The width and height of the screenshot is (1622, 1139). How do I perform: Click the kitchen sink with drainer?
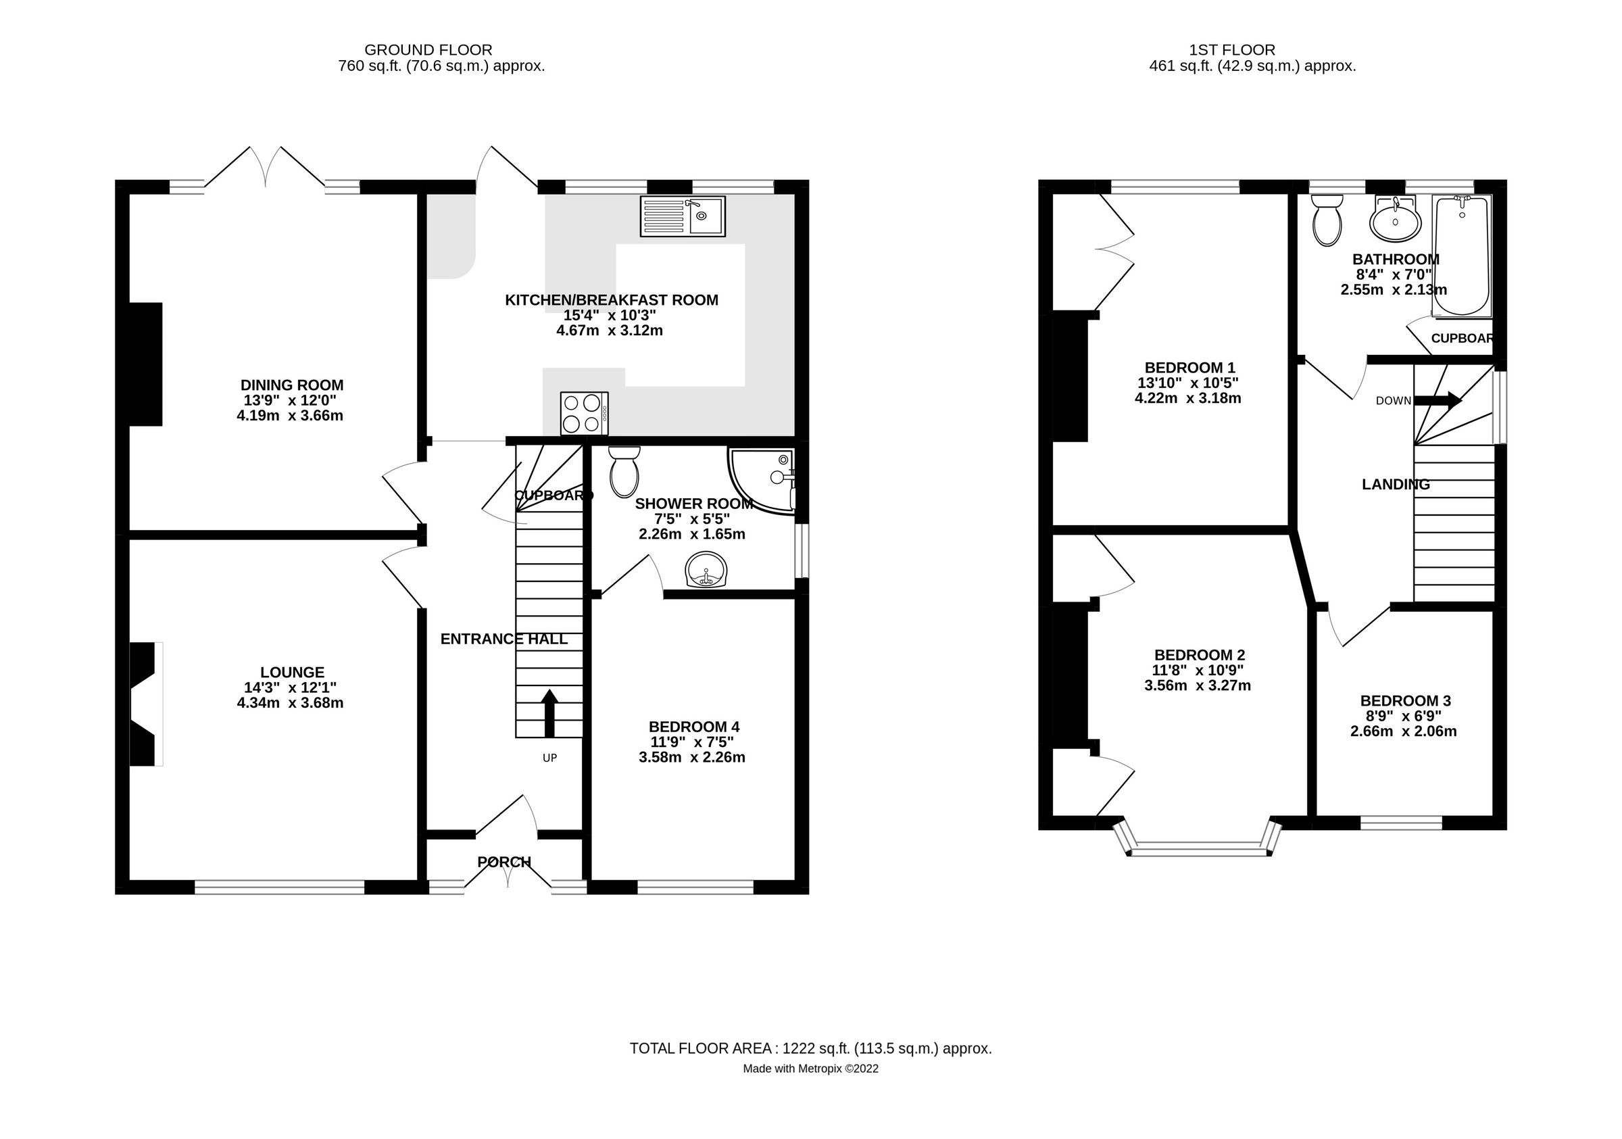(682, 216)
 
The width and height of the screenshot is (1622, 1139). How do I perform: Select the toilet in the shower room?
(624, 471)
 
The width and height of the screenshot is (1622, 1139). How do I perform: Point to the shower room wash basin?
(706, 569)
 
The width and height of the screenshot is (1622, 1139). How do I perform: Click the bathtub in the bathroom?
(1462, 256)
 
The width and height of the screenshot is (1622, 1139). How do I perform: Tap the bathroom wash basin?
(1395, 218)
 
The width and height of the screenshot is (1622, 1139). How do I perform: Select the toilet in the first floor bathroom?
(1327, 220)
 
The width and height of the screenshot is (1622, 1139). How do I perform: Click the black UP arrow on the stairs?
(549, 714)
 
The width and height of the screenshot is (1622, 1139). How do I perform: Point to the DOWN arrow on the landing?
(1437, 401)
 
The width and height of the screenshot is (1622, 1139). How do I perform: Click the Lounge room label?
(292, 673)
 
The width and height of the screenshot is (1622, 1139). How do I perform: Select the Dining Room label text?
(292, 385)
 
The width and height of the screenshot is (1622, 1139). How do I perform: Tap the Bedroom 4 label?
(693, 727)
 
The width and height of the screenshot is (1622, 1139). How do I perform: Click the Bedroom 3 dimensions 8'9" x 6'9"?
(1405, 716)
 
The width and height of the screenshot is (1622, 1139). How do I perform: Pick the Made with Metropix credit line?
(810, 1069)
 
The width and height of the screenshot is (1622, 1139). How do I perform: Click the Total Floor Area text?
(810, 1048)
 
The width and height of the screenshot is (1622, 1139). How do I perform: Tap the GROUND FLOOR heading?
(428, 50)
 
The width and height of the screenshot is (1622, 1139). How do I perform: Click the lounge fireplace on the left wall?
(144, 703)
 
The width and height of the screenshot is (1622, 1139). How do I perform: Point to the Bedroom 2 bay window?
(1198, 847)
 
